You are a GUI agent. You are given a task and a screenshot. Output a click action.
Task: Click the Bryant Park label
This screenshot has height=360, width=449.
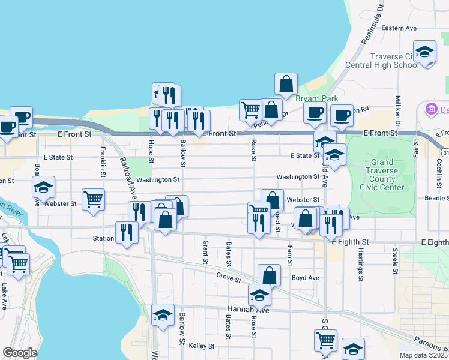pos(316,98)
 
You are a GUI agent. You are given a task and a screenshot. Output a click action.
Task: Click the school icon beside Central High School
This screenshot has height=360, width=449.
pos(424,52)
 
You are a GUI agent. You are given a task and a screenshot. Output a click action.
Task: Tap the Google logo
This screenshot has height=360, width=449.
pos(19,353)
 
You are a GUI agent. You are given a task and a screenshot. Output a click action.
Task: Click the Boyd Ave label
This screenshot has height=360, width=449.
pos(305,278)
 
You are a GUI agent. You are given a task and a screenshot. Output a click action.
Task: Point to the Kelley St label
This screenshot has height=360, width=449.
pos(202,346)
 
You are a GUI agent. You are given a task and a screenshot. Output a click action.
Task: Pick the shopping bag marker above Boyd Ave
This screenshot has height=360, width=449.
pos(270,275)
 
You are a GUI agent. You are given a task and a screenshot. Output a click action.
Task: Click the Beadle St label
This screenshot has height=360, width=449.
pos(436,198)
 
